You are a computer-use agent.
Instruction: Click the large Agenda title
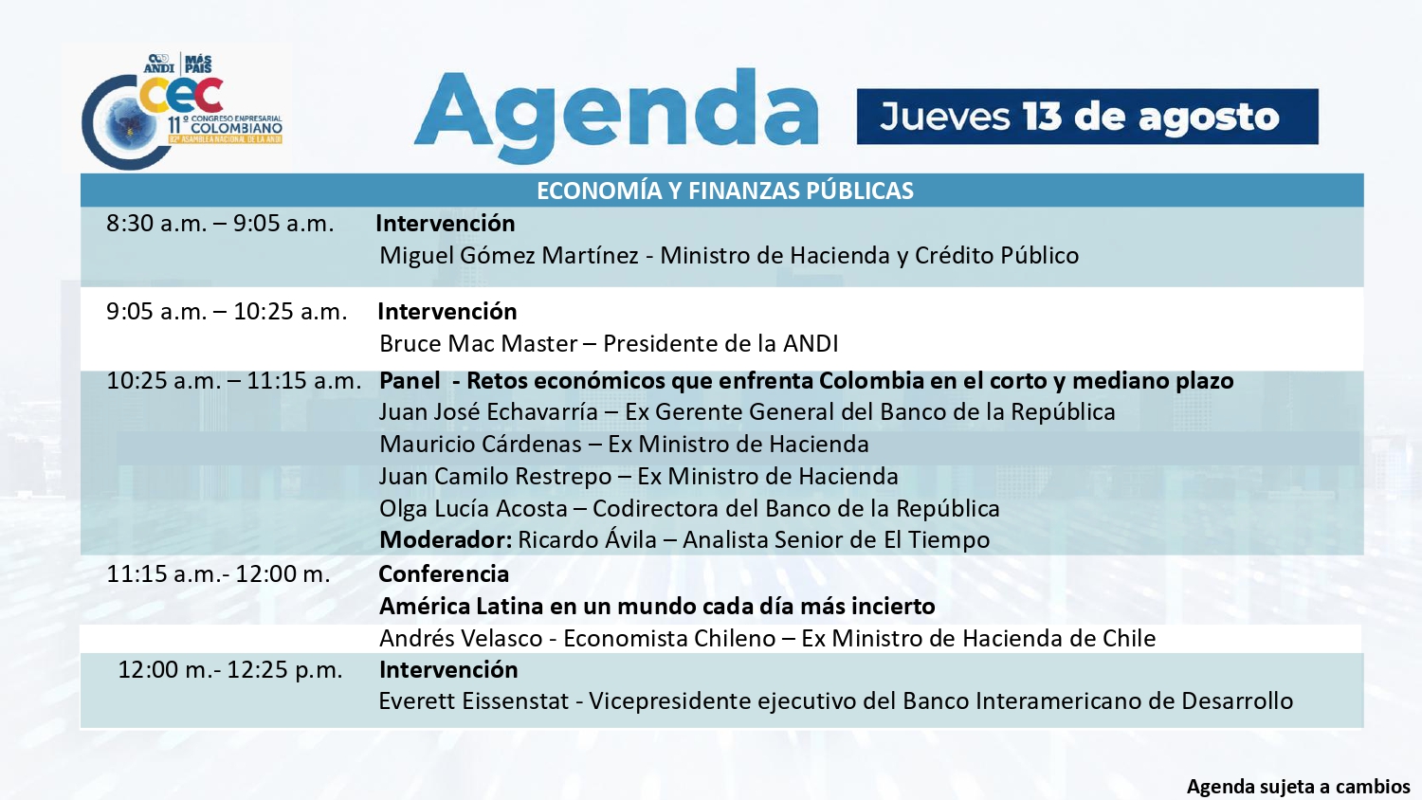click(x=616, y=117)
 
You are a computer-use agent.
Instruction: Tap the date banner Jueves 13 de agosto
click(x=1086, y=117)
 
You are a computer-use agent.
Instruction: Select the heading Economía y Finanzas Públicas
click(x=725, y=191)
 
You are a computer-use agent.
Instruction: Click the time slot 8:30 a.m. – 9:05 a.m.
click(x=220, y=224)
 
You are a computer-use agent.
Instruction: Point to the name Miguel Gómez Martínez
click(x=509, y=255)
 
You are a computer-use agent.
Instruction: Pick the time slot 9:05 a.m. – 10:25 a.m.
click(x=227, y=311)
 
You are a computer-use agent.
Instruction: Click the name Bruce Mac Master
click(x=479, y=343)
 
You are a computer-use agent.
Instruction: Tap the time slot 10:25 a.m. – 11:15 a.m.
click(x=233, y=380)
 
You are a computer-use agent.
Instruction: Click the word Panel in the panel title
click(x=410, y=380)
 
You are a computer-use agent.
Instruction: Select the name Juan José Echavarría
click(x=488, y=412)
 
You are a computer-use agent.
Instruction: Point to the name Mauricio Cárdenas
click(x=481, y=444)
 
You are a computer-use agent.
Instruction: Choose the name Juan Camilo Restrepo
click(x=495, y=476)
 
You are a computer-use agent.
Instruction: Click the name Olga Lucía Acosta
click(x=473, y=508)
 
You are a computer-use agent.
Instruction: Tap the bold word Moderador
click(x=446, y=539)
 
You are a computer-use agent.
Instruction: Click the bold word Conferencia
click(x=444, y=574)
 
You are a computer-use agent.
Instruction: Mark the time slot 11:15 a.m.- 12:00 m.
click(x=218, y=574)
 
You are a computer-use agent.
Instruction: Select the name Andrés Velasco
click(x=461, y=638)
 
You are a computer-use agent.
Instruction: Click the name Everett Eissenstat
click(x=474, y=701)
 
